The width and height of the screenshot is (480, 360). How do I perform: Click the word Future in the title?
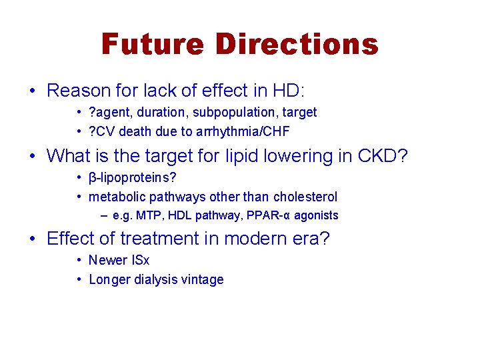point(151,44)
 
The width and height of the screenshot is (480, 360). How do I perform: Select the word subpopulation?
point(231,113)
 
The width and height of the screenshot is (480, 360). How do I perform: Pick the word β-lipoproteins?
point(133,179)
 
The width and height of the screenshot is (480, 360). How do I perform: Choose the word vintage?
point(203,279)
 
